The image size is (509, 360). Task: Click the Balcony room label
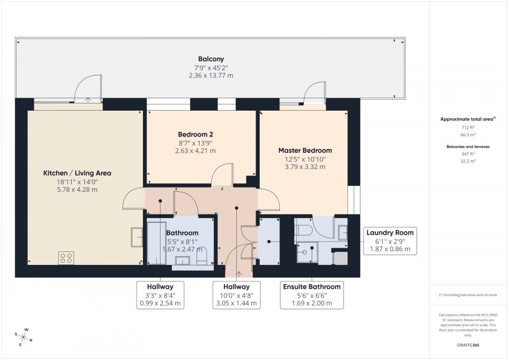coord(210,59)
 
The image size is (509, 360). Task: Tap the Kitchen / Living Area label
coord(77,173)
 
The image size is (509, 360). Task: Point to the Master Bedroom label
coord(305,151)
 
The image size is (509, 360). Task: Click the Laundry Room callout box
coord(390,241)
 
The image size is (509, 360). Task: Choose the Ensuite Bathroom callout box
coord(312,295)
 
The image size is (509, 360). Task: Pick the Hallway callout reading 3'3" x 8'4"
coord(159,295)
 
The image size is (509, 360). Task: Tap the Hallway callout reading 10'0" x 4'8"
coord(236,295)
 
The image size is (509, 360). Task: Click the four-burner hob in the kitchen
coord(66,258)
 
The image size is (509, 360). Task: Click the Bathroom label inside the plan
coord(182,233)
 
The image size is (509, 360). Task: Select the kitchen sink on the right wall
coord(137,237)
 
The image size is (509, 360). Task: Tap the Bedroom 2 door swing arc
coord(224,174)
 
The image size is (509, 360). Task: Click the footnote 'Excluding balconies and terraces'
coord(468,295)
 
